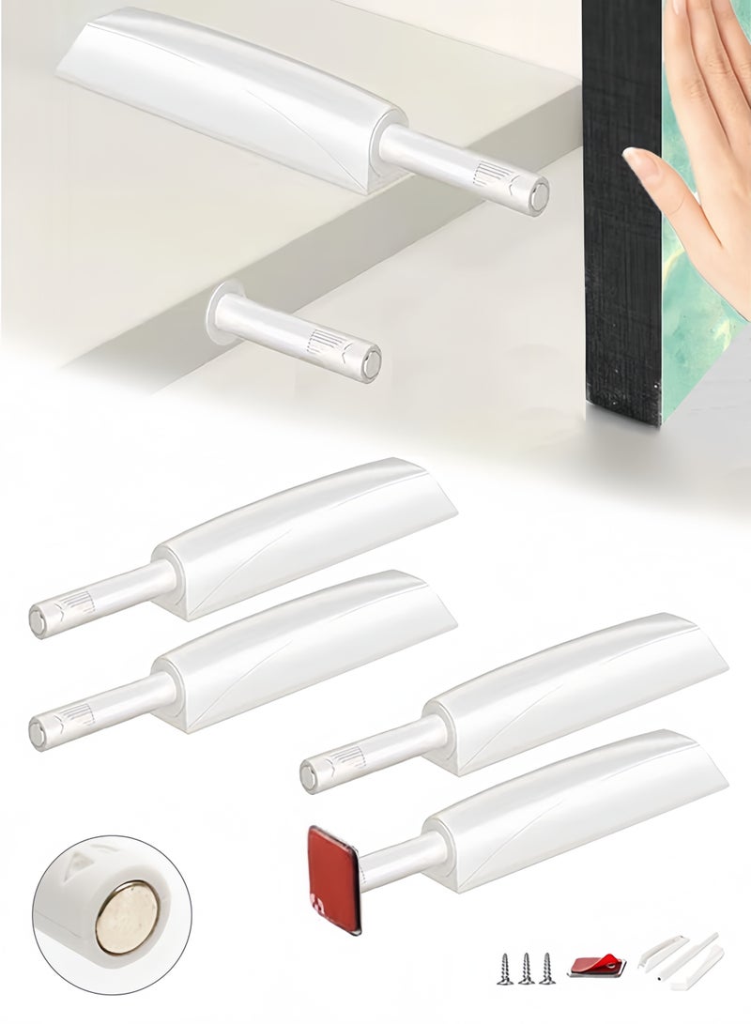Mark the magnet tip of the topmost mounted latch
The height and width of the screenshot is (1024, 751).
point(538,191)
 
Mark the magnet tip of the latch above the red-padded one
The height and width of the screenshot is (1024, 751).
point(311,774)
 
